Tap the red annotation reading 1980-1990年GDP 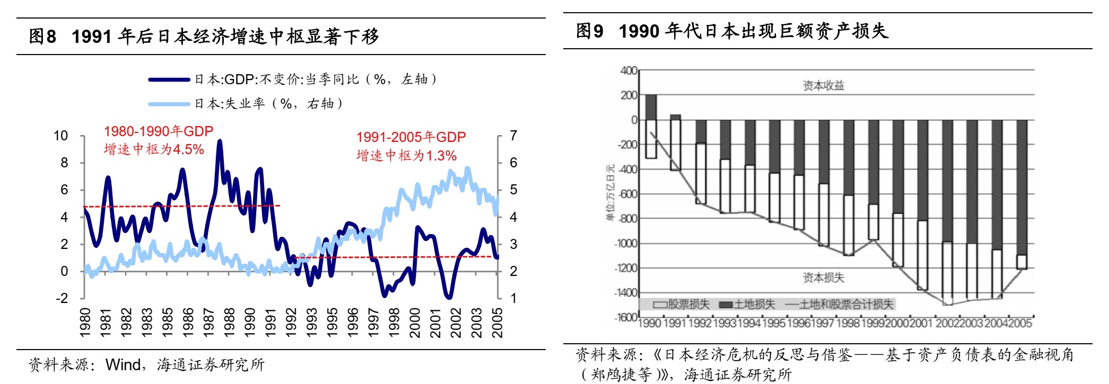click(158, 131)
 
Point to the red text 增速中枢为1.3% click(406, 156)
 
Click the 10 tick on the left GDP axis click(61, 136)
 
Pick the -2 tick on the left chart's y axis click(62, 298)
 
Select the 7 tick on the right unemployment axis click(513, 136)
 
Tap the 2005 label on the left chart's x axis click(497, 323)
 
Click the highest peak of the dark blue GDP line click(220, 141)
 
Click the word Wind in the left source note click(124, 365)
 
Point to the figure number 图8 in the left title click(42, 37)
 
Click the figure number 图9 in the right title click(590, 31)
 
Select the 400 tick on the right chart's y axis click(628, 70)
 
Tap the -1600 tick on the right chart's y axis click(625, 317)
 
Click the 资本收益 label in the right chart click(823, 85)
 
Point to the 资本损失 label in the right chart click(823, 278)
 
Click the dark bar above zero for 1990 click(651, 108)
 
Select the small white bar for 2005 click(1021, 262)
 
